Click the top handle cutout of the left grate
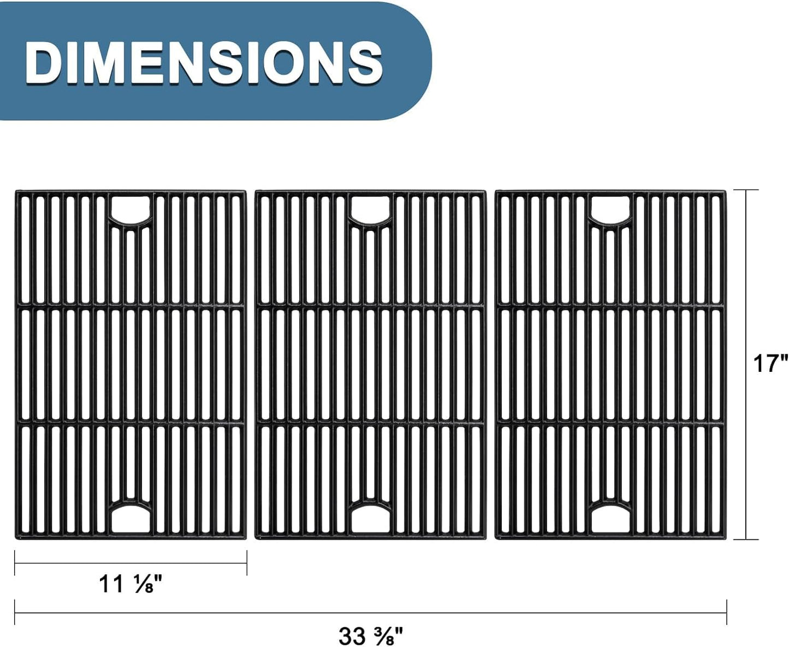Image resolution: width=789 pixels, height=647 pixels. [130, 208]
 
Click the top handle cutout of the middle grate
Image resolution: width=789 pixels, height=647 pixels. [370, 208]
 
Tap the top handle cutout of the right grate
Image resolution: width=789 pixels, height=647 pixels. [610, 208]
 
